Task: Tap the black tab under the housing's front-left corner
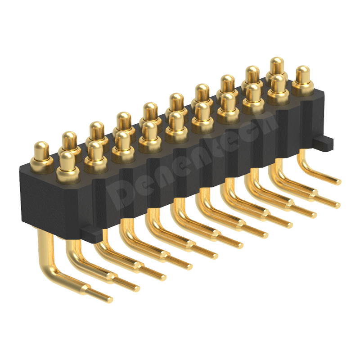point(92,234)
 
